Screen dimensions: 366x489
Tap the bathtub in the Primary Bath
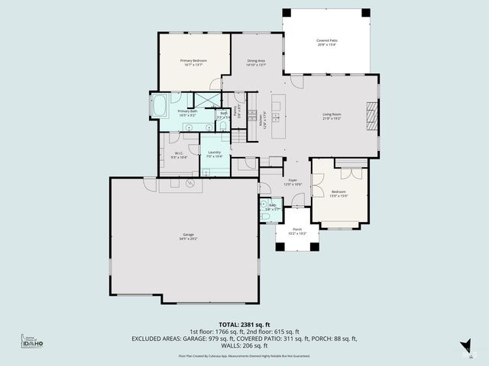[160, 106]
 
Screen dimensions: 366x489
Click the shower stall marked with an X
[206, 100]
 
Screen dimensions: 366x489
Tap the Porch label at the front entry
[297, 231]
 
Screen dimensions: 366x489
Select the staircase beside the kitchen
[239, 136]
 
